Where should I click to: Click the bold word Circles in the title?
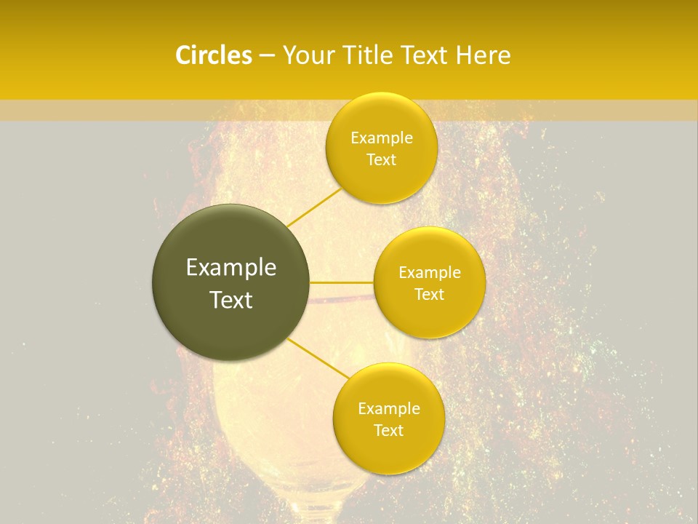(x=213, y=55)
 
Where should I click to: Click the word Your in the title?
(x=308, y=55)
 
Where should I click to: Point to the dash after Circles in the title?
(x=266, y=56)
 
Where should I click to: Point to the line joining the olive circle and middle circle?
(x=342, y=282)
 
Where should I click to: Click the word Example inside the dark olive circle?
(x=231, y=268)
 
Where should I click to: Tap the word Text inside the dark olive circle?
(x=231, y=300)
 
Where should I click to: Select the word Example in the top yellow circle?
(x=382, y=138)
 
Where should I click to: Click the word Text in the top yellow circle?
(x=381, y=159)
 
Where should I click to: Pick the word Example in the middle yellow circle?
(x=430, y=273)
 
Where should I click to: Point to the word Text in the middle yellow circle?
(x=430, y=294)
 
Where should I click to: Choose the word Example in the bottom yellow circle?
(x=389, y=409)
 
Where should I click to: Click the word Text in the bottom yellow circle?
(x=388, y=430)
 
